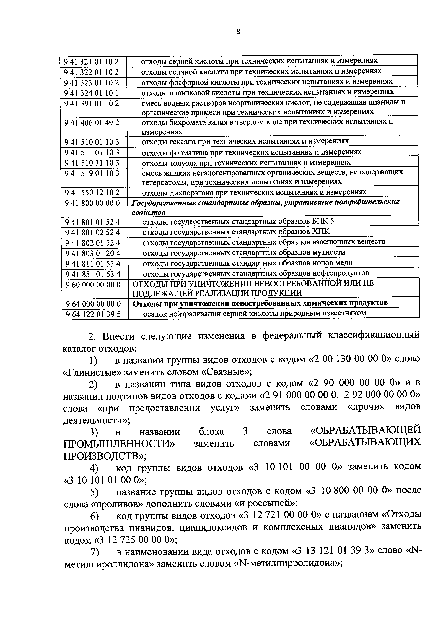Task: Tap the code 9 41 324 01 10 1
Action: click(x=92, y=93)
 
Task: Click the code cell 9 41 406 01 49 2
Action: click(x=92, y=123)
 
